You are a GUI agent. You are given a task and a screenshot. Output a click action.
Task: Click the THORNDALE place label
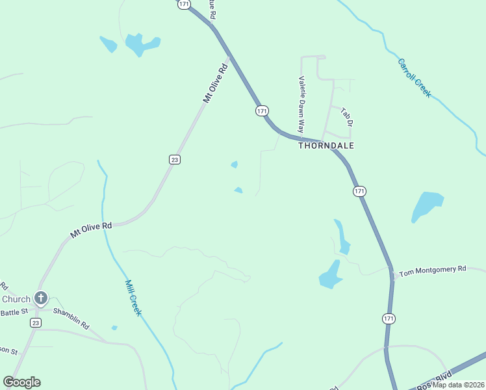pos(326,146)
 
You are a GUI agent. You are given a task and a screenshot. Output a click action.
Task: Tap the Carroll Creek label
pos(414,78)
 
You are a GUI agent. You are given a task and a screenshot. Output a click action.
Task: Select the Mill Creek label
pos(133,297)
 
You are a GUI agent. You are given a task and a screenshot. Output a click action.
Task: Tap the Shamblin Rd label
pos(71,318)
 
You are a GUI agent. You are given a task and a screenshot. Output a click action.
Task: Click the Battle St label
pos(14,313)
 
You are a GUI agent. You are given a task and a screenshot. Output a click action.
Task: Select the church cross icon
pos(41,299)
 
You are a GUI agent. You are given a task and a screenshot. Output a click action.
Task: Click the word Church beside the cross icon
pos(16,299)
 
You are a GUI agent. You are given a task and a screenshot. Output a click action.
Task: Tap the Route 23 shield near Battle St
pos(35,322)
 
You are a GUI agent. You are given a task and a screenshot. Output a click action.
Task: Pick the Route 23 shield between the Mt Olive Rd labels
pos(174,159)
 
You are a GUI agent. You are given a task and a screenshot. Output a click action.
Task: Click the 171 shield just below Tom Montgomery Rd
pos(389,318)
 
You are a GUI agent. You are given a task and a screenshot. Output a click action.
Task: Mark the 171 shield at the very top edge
pos(183,4)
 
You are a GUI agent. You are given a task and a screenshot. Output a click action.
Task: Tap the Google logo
pos(21,382)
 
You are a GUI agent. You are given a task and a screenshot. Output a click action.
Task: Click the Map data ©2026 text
pos(458,385)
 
